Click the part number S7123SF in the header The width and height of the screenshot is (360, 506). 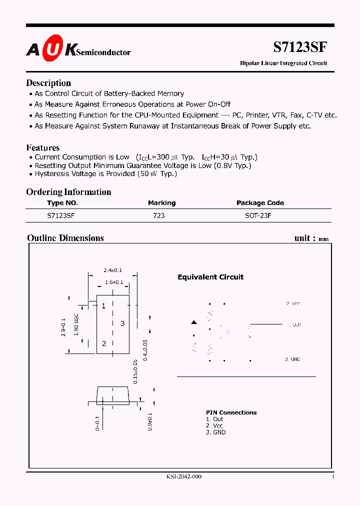pos(300,47)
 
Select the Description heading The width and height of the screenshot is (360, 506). pos(48,83)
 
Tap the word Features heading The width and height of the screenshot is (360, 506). pos(42,148)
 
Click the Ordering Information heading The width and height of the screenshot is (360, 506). pos(68,192)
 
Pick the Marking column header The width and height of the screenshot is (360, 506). pos(161,203)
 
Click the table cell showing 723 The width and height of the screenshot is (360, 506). pos(159,215)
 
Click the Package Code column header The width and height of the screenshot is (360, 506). pos(260,203)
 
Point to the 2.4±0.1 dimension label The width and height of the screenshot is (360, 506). pos(112,270)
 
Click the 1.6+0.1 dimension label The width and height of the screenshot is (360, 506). pos(114,282)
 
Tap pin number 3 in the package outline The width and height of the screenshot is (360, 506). pos(122,323)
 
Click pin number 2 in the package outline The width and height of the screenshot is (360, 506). pos(104,343)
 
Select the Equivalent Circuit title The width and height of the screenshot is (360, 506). pos(210,277)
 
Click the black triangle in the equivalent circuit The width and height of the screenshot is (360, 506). pos(194,322)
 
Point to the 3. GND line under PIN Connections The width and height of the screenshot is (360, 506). pos(215,432)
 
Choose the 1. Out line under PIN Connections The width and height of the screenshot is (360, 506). pos(214,419)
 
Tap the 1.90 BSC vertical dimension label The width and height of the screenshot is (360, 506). pos(76,325)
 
